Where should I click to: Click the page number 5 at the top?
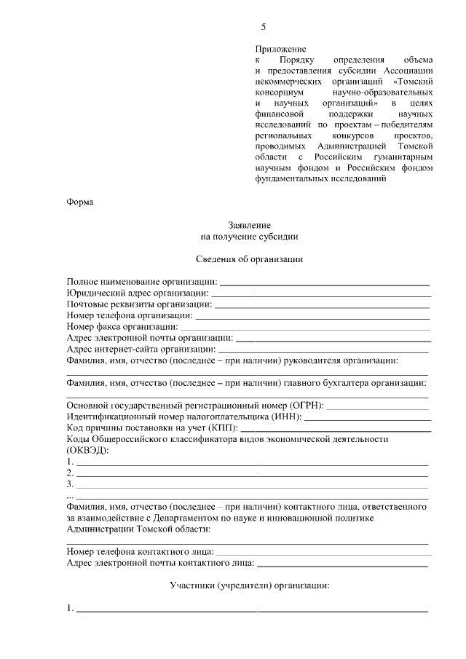(264, 28)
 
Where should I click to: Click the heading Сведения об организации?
(249, 259)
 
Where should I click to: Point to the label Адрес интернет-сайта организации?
(145, 350)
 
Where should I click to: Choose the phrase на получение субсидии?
(249, 237)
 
